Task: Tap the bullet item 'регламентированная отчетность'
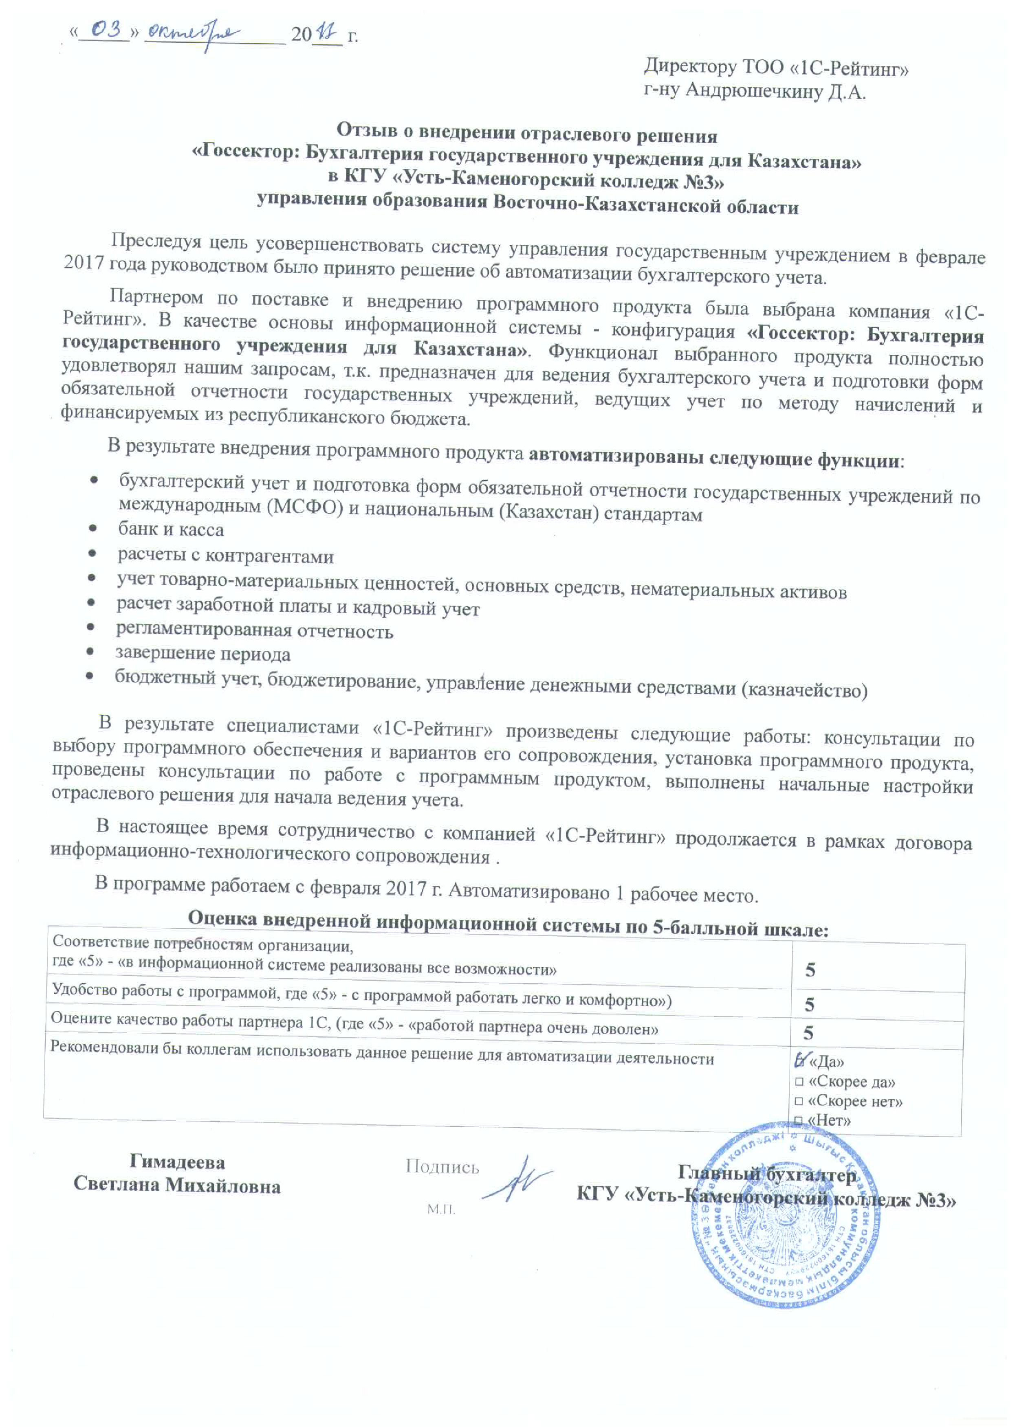pos(254,630)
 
